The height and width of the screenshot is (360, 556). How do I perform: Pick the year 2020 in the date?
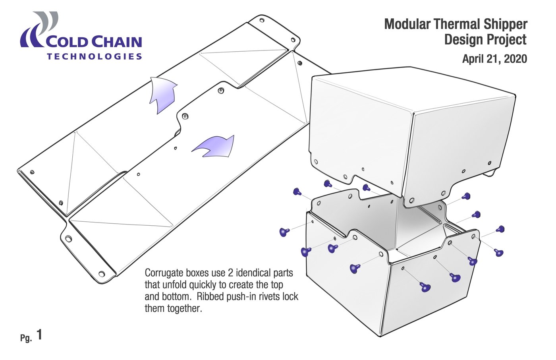coord(515,59)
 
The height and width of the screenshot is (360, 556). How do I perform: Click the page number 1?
coord(39,335)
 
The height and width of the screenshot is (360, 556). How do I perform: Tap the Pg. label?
coord(26,338)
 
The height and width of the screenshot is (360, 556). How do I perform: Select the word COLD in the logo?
coord(68,42)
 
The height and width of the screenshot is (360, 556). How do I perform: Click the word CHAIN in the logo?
coord(117,42)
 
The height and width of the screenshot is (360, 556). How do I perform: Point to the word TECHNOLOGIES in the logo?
coord(94,56)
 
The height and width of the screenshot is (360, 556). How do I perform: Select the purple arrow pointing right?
coord(214,146)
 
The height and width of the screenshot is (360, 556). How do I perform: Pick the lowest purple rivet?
coord(425,287)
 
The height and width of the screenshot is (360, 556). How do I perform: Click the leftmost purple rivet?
coord(284,232)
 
